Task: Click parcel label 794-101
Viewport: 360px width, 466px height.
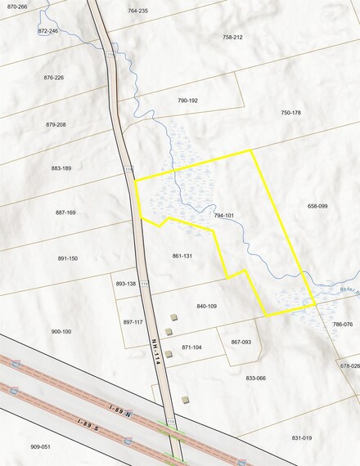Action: [224, 215]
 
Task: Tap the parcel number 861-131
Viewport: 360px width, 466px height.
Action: [182, 256]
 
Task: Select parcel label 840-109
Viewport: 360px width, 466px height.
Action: [206, 306]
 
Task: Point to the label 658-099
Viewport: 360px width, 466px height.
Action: [317, 206]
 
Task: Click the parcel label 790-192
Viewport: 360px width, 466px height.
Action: [188, 101]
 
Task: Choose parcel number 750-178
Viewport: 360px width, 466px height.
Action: [291, 113]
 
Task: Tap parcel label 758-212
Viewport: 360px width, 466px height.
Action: [232, 38]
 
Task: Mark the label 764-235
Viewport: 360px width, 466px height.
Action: [138, 11]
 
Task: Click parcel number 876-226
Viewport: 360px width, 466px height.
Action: [54, 78]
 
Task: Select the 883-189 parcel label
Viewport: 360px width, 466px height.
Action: [61, 168]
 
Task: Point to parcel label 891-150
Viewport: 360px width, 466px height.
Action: [68, 258]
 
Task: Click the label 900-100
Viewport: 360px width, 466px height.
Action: [61, 331]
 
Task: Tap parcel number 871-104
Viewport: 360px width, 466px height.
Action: [191, 347]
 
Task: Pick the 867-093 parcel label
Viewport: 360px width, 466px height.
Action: [241, 342]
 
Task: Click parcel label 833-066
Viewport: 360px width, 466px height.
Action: [256, 379]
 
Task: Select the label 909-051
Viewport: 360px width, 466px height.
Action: [41, 446]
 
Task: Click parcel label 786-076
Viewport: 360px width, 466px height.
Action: [343, 325]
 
